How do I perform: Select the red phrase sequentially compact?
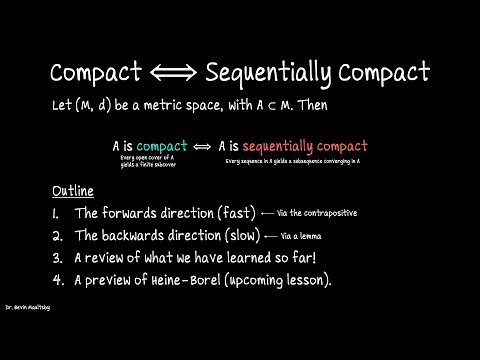[x=307, y=146]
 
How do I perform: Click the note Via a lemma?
[x=301, y=236]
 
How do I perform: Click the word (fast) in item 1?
[x=228, y=213]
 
